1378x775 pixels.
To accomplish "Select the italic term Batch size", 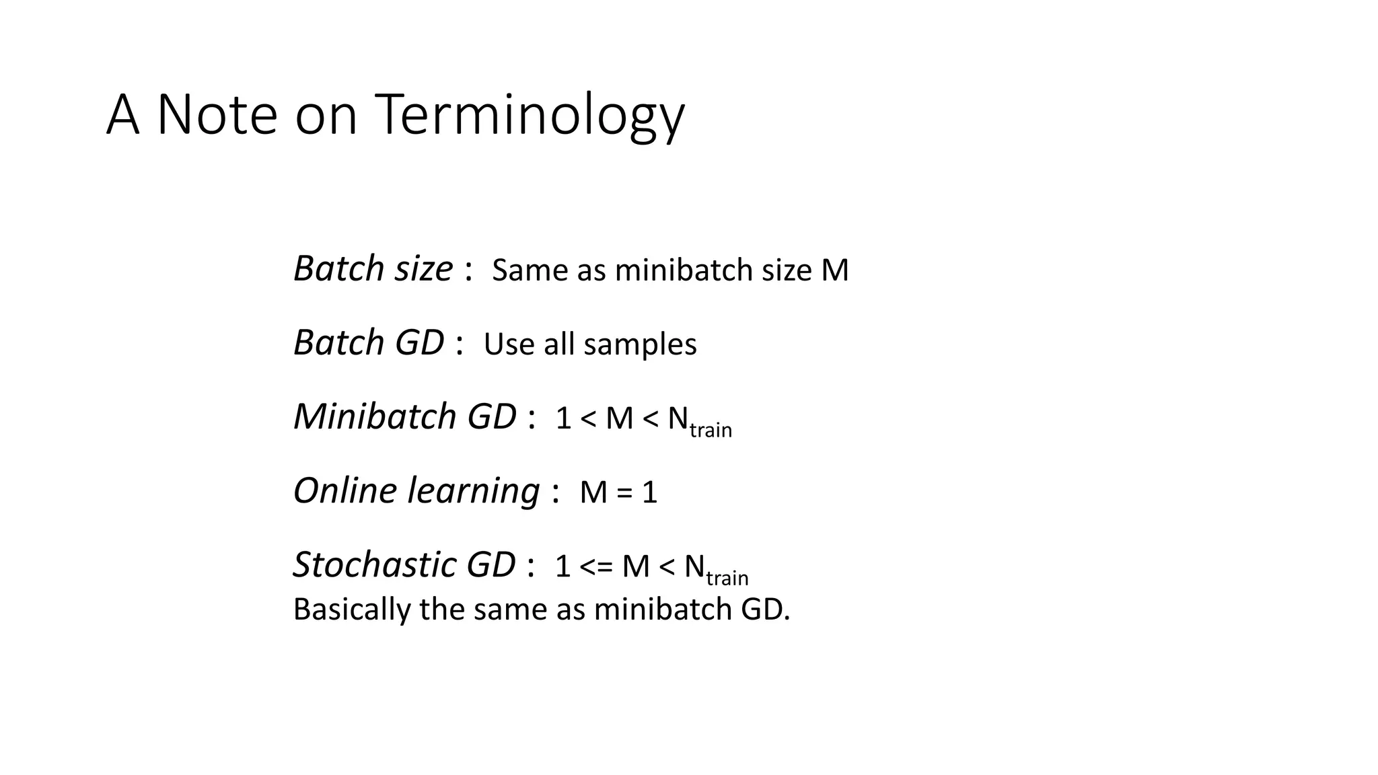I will click(373, 269).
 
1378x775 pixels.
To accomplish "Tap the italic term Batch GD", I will click(369, 343).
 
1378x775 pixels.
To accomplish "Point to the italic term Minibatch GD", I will click(404, 417).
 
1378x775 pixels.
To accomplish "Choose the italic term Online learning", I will click(416, 491).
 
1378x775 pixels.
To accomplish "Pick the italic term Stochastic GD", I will click(404, 565).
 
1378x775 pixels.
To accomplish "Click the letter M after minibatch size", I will click(835, 270).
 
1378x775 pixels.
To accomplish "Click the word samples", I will click(640, 344).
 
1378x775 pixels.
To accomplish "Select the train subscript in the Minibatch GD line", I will click(711, 430).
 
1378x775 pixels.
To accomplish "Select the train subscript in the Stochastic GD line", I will click(727, 578).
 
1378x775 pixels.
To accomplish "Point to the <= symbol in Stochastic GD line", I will click(596, 567).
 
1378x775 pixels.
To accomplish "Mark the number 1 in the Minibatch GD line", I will click(563, 419).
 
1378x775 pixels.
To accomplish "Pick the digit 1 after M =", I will click(649, 493).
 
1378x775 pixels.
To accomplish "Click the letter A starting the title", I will click(122, 116).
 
